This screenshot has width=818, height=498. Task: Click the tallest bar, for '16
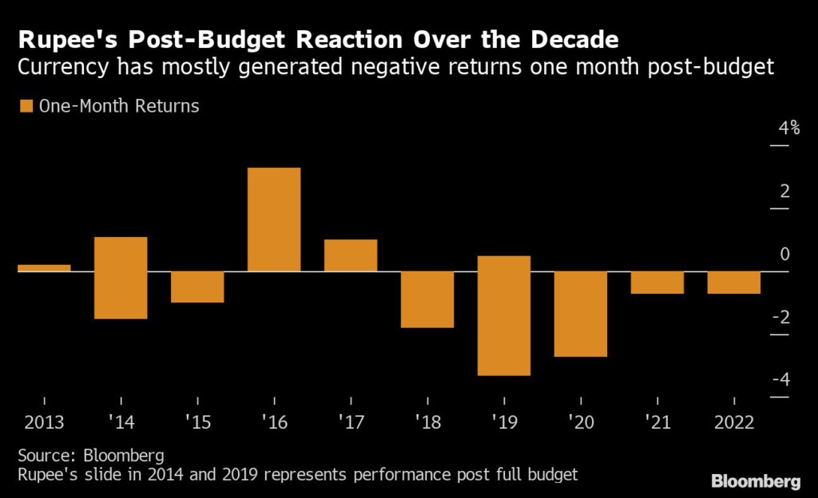click(274, 219)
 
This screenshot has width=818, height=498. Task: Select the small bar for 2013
click(44, 267)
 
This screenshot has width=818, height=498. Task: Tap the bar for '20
click(581, 314)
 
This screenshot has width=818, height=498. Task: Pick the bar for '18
click(427, 299)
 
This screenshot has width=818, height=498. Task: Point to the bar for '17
click(351, 255)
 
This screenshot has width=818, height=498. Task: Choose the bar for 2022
click(734, 283)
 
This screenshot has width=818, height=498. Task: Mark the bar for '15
click(197, 287)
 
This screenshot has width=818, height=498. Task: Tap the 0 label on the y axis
click(784, 255)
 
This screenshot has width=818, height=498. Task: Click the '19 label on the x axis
click(503, 422)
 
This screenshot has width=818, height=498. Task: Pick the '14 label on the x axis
click(120, 422)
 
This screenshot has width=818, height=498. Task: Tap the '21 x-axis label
click(657, 422)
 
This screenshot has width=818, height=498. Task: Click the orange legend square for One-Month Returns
click(26, 105)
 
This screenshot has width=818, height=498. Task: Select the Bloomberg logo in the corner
click(755, 481)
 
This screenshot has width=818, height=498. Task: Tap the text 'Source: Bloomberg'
click(90, 457)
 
